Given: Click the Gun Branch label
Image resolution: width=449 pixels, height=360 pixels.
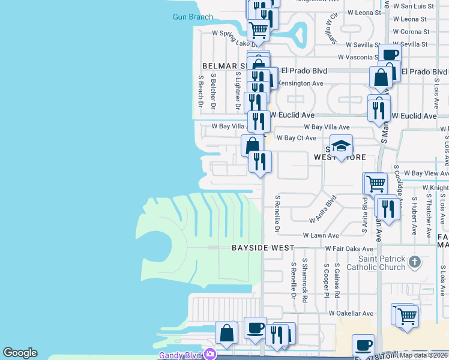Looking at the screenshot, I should (x=193, y=17).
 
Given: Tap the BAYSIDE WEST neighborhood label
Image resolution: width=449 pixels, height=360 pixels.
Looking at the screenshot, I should (x=264, y=248).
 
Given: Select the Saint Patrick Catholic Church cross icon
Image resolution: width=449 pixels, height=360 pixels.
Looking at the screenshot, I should (x=414, y=262).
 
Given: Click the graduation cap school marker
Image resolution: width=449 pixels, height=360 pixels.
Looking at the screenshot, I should (x=341, y=146).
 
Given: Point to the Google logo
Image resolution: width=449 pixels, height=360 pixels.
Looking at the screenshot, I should (x=20, y=353).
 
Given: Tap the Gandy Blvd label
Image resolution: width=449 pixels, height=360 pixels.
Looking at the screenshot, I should (x=179, y=355).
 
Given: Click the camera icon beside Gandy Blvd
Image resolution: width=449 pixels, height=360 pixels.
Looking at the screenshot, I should (x=209, y=354).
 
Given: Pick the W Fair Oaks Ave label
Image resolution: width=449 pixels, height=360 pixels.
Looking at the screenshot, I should (x=349, y=248).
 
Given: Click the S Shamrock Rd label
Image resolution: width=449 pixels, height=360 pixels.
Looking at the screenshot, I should (x=305, y=280).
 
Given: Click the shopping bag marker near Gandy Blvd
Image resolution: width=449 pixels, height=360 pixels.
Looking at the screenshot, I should (x=228, y=334).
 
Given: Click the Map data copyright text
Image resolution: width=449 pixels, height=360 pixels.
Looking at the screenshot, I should (x=424, y=355).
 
